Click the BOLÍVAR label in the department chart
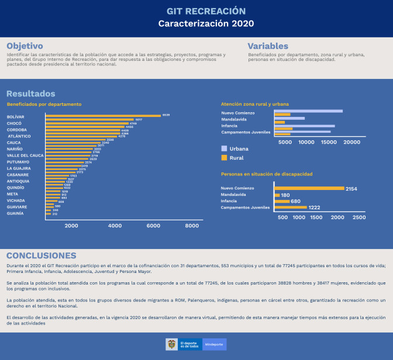tap(16, 117)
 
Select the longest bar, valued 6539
tap(103, 116)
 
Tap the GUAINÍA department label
tap(15, 213)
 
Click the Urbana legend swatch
tap(224, 148)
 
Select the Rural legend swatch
tap(224, 158)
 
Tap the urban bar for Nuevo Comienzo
tap(308, 111)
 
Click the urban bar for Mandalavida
tap(289, 118)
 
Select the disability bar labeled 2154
tap(309, 188)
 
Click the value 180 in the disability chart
tap(285, 195)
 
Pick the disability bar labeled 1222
tap(291, 207)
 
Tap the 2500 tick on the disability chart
tap(359, 217)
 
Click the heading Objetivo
tap(25, 46)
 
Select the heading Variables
tap(267, 46)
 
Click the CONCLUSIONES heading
tap(41, 256)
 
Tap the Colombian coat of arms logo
tap(171, 344)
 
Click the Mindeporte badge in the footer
tap(214, 345)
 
